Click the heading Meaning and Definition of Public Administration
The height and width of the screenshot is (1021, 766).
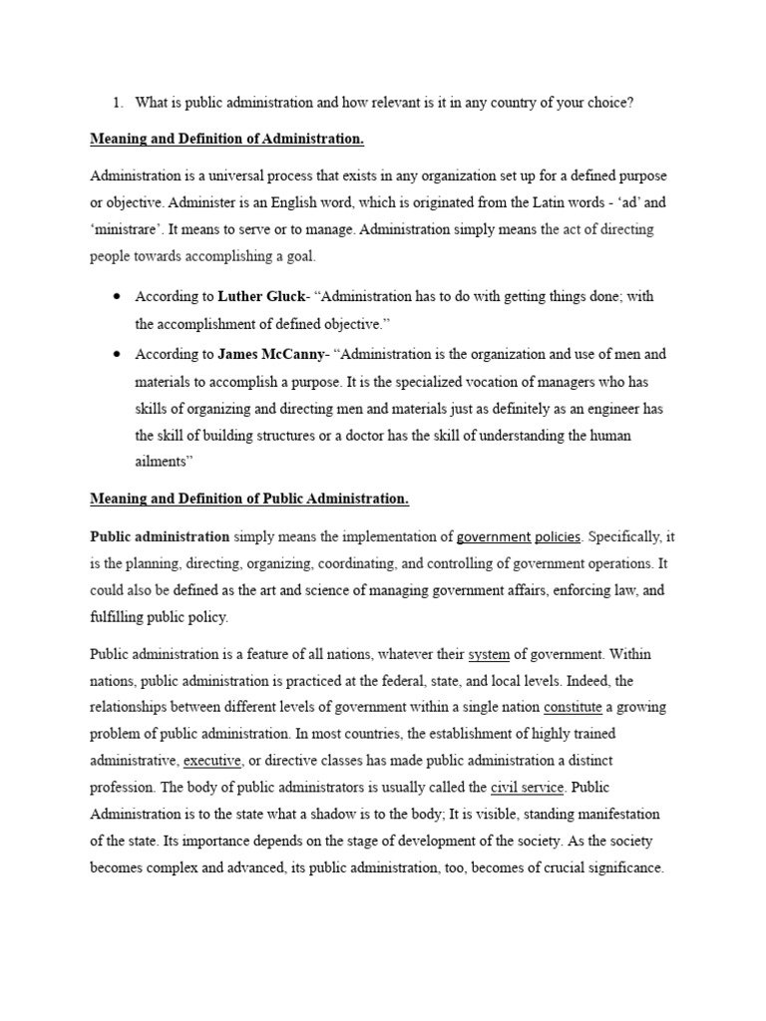tap(249, 498)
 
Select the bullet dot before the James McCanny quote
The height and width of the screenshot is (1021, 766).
tap(118, 354)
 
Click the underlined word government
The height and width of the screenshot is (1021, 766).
tap(494, 537)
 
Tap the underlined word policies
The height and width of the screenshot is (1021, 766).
tap(558, 537)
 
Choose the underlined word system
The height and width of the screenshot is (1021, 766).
tap(489, 655)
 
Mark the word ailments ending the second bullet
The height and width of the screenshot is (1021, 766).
tap(164, 463)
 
